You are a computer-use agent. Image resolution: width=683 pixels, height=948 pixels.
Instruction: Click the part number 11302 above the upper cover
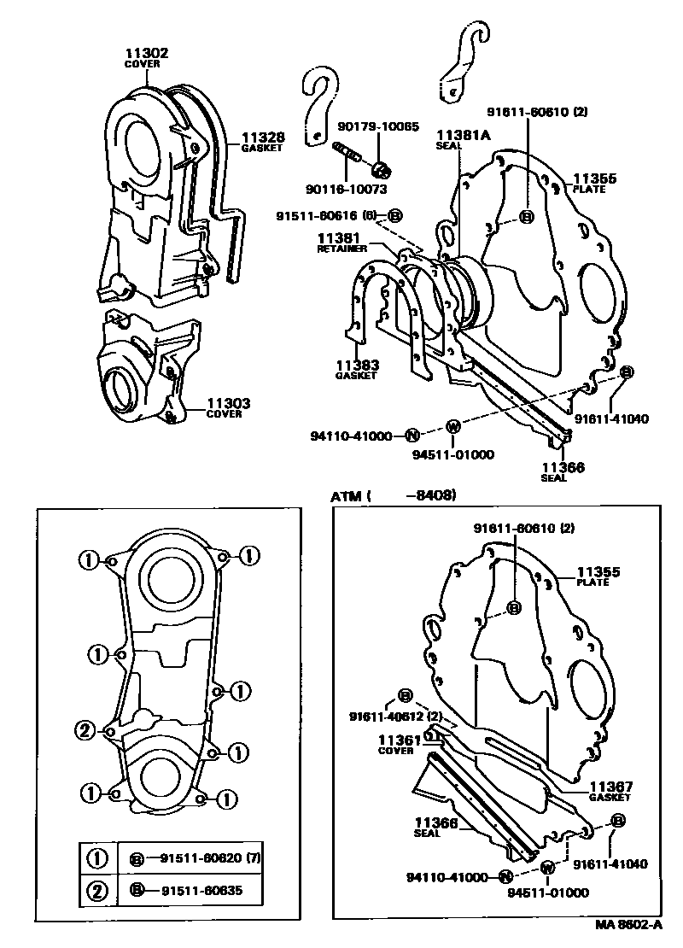(x=147, y=53)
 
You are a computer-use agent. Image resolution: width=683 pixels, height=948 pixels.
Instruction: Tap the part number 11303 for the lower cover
(x=224, y=403)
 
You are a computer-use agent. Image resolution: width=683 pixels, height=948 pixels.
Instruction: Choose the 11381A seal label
(x=464, y=135)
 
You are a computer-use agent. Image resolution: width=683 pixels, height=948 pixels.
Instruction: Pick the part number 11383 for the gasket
(x=357, y=365)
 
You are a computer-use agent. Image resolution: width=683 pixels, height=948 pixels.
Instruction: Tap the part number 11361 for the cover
(x=394, y=740)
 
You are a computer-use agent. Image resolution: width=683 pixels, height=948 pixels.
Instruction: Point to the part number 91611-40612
(x=387, y=716)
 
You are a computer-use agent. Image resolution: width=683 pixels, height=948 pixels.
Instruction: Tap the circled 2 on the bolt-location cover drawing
(x=85, y=729)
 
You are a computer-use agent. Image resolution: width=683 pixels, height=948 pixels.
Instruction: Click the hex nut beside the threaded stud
(x=382, y=165)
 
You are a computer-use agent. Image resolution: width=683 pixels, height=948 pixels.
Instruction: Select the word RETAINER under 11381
(x=342, y=249)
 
